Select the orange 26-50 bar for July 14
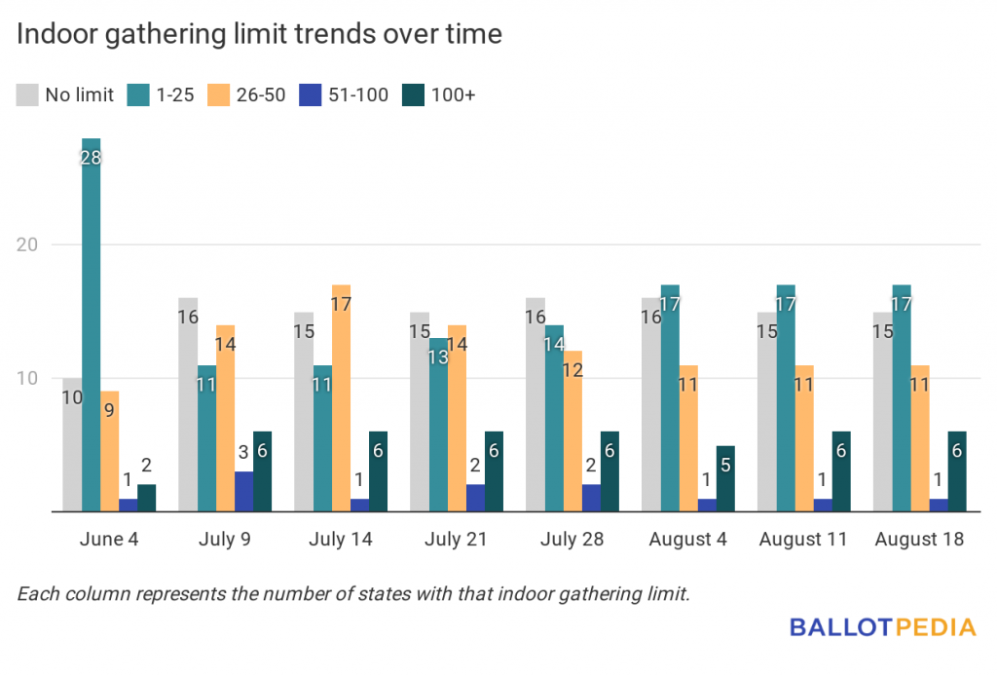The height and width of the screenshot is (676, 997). tap(341, 399)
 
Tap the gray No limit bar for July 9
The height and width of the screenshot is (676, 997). tap(187, 405)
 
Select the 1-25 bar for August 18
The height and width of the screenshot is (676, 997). tap(901, 399)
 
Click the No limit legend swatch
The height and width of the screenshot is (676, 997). tap(26, 94)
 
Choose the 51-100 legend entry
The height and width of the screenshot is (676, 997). tap(346, 94)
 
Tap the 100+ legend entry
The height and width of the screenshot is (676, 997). tap(442, 94)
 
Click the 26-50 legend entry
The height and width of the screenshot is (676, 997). tap(248, 94)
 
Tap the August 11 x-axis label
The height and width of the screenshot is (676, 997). tap(803, 540)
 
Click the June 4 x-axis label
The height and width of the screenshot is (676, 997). tap(109, 540)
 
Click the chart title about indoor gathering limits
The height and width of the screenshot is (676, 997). tap(259, 35)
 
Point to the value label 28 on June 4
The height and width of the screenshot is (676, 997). tap(91, 156)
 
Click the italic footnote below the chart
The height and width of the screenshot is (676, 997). tap(353, 593)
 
